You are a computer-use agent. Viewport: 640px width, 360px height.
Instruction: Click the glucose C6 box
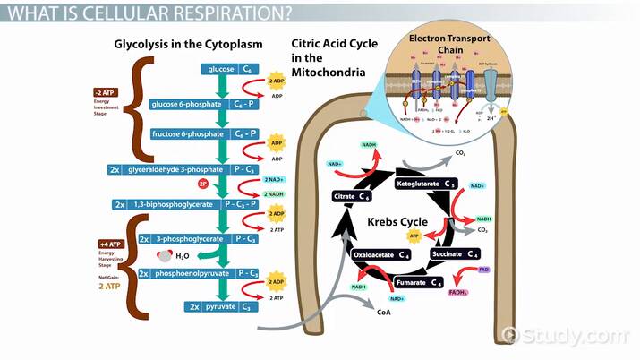(x=232, y=68)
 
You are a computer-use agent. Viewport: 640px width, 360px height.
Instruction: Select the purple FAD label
(x=482, y=269)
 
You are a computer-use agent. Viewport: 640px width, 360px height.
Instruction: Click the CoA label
(x=384, y=313)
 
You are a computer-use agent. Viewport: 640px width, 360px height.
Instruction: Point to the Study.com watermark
(x=578, y=335)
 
